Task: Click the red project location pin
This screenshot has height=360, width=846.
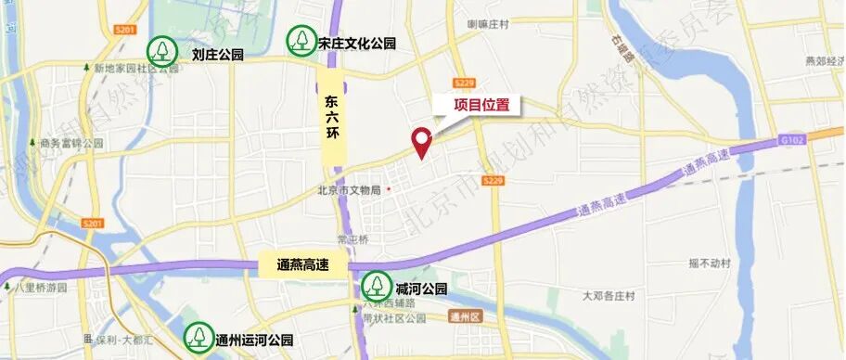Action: point(423,141)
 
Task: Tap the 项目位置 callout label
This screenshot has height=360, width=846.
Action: point(481,106)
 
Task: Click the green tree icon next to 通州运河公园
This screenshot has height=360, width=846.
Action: point(197,337)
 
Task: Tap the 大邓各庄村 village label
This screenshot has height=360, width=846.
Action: point(609,296)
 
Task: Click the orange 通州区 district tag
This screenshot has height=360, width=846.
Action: point(460,316)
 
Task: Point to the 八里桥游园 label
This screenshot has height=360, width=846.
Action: point(42,289)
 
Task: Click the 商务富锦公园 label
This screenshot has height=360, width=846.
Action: point(71,144)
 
